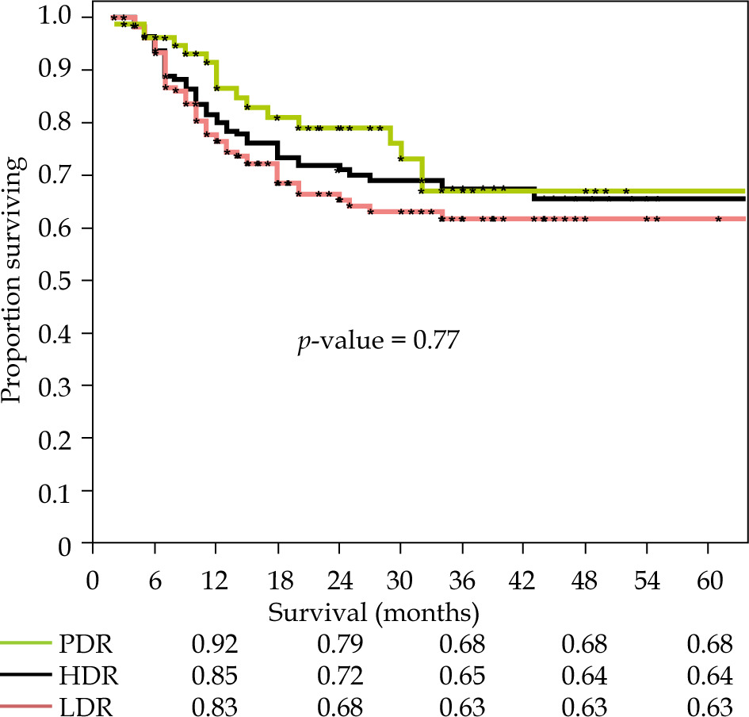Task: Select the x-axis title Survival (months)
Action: [373, 613]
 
